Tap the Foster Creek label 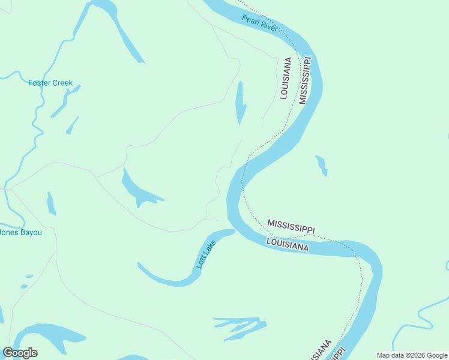coord(50,83)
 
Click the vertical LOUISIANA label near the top coord(285,78)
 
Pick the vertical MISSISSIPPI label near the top coord(305,81)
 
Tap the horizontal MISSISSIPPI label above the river coord(291,226)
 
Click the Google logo coord(20,352)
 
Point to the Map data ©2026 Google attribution coord(412,355)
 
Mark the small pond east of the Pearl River coord(322,165)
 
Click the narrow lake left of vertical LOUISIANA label coord(241,102)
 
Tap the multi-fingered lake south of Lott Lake coord(240,327)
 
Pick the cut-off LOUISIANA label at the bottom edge coord(322,351)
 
